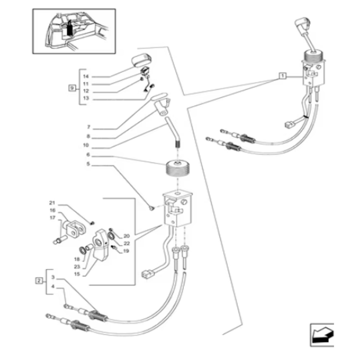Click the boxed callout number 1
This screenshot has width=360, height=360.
pyautogui.click(x=283, y=76)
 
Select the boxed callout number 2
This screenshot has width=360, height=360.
pyautogui.click(x=39, y=280)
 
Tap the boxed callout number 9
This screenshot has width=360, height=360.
pyautogui.click(x=72, y=88)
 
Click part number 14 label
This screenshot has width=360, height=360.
pyautogui.click(x=85, y=76)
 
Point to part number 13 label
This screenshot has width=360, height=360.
pyautogui.click(x=85, y=98)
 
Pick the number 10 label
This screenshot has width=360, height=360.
pyautogui.click(x=85, y=145)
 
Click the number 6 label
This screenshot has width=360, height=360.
pyautogui.click(x=88, y=154)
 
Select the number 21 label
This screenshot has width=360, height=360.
pyautogui.click(x=52, y=203)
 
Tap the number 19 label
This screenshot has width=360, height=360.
pyautogui.click(x=126, y=251)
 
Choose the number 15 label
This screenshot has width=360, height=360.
pyautogui.click(x=77, y=274)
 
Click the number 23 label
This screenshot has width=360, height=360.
pyautogui.click(x=77, y=266)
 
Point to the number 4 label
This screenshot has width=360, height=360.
pyautogui.click(x=53, y=286)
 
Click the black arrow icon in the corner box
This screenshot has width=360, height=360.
pyautogui.click(x=322, y=335)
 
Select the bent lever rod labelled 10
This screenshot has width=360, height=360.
pyautogui.click(x=173, y=132)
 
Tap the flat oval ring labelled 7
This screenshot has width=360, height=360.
pyautogui.click(x=159, y=96)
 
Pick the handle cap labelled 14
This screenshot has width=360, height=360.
pyautogui.click(x=141, y=60)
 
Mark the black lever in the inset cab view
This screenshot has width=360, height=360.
pyautogui.click(x=70, y=28)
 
